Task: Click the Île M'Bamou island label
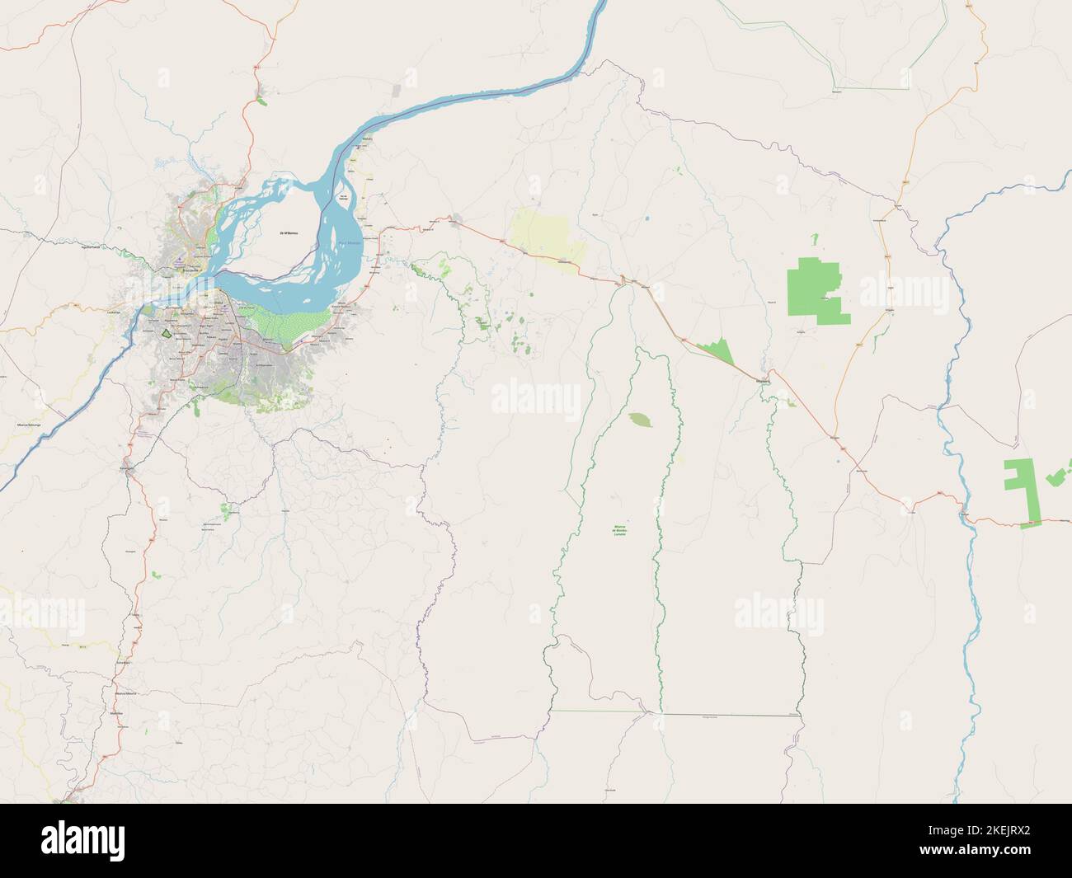pyautogui.click(x=289, y=235)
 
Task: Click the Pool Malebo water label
pyautogui.click(x=350, y=243)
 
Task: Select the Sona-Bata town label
pyautogui.click(x=125, y=662)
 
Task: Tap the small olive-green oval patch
pyautogui.click(x=639, y=420)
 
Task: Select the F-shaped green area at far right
pyautogui.click(x=1021, y=493)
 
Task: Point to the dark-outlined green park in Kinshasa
pyautogui.click(x=169, y=334)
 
